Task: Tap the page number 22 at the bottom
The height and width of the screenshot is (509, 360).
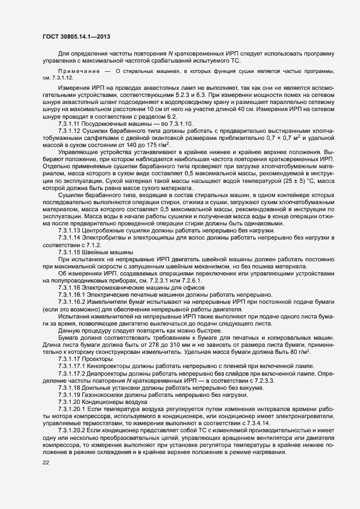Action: [x=46, y=462]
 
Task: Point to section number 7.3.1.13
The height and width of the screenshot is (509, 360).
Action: [x=69, y=231]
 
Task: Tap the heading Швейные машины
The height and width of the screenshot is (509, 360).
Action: [x=107, y=253]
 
